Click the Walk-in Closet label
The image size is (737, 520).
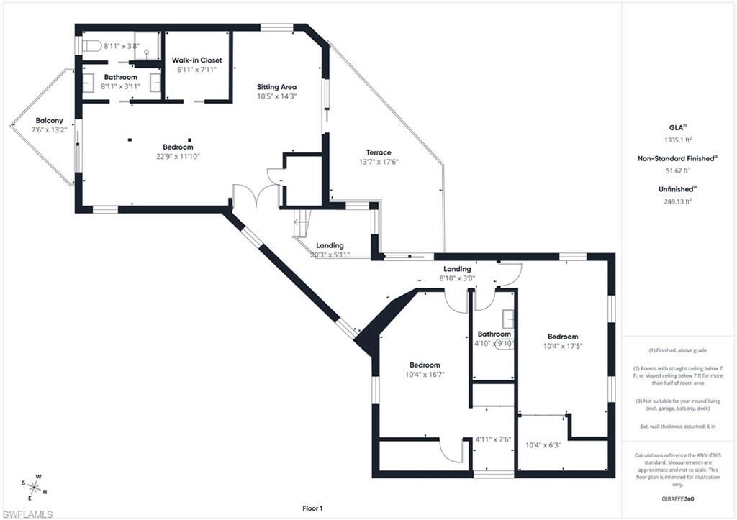(x=196, y=60)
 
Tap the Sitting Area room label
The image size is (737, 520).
(x=277, y=87)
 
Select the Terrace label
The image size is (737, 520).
(x=379, y=152)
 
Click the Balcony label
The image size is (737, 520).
(x=47, y=120)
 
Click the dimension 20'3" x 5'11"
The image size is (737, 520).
(x=330, y=255)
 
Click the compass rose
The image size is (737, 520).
(x=34, y=487)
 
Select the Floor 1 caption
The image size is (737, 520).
(x=312, y=508)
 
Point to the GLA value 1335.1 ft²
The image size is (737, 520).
(x=678, y=140)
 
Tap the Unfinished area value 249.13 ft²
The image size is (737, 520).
(x=678, y=202)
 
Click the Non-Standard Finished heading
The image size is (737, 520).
(x=677, y=158)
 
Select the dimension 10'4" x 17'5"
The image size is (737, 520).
(x=562, y=346)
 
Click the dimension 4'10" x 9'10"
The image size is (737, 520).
(x=494, y=343)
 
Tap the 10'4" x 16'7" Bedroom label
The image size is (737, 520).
(x=425, y=365)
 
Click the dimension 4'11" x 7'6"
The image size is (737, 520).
(x=493, y=439)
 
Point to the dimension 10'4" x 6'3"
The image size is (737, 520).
(x=543, y=445)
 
